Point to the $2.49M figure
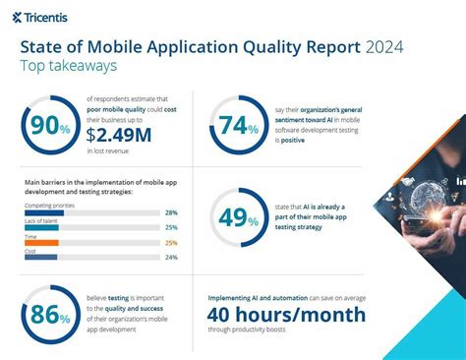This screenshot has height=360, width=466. coord(120,134)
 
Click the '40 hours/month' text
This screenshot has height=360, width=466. coord(287,315)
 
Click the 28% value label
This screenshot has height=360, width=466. coord(171,212)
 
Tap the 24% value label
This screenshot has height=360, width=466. coord(171,258)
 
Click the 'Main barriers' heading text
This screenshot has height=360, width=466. coord(59,183)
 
